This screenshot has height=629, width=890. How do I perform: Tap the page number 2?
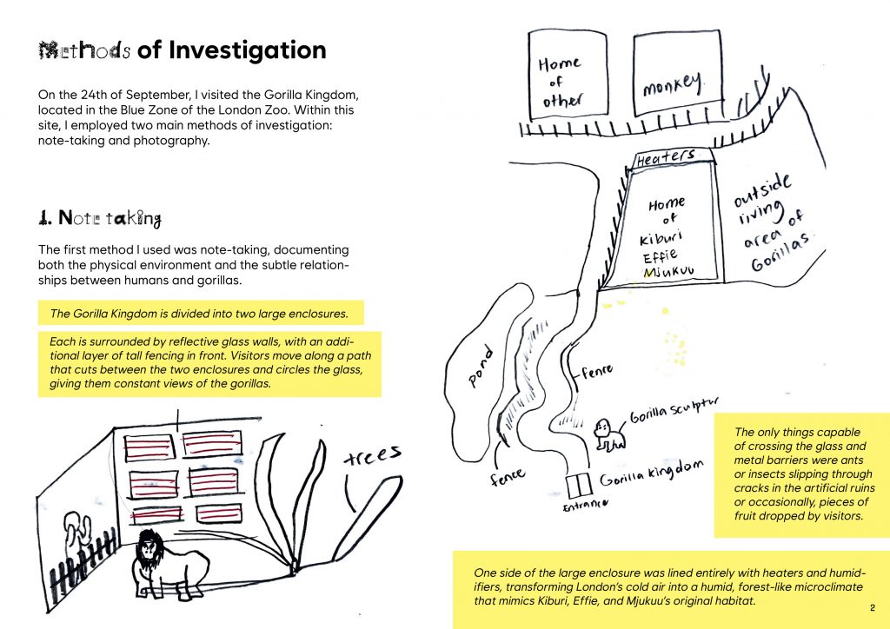871,606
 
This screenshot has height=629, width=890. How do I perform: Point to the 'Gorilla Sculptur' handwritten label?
675,410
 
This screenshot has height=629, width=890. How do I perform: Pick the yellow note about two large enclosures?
201,313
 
